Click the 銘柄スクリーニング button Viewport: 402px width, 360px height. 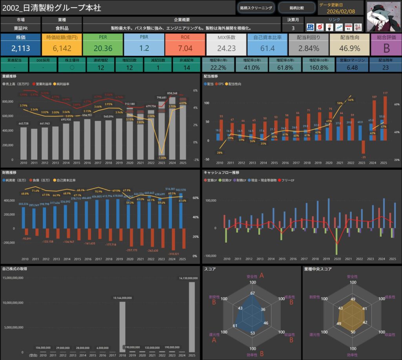coord(256,7)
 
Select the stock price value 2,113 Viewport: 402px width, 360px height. coord(20,48)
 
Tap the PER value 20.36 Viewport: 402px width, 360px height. coord(103,48)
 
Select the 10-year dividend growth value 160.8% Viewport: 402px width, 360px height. coord(319,67)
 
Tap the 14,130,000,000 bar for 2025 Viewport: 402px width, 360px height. coord(192,317)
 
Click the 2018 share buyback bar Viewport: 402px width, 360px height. coord(122,327)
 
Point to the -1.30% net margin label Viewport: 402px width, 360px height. coord(162,158)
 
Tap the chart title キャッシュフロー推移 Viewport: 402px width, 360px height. coord(221,172)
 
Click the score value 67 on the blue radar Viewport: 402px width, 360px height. coord(253,293)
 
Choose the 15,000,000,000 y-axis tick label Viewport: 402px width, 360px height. coord(14,278)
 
